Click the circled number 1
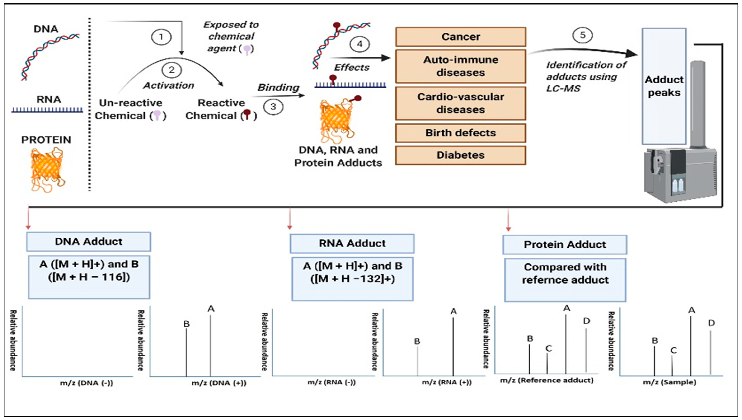(x=161, y=37)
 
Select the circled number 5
(x=583, y=35)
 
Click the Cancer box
(x=461, y=37)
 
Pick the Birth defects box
(x=461, y=133)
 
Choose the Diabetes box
(x=461, y=155)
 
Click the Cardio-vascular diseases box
(x=461, y=103)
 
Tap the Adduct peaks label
(x=664, y=86)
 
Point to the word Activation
(x=168, y=85)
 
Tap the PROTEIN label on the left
(x=46, y=140)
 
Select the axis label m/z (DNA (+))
(x=219, y=383)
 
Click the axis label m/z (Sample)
(x=669, y=382)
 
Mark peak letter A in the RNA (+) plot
(x=453, y=311)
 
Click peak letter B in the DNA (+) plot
(x=186, y=324)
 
